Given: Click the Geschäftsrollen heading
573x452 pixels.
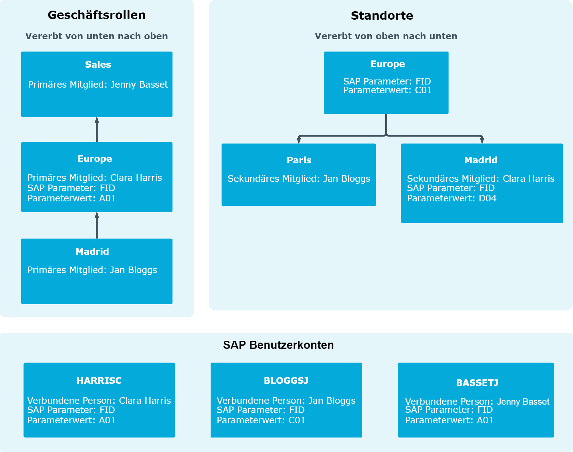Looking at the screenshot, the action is click(97, 15).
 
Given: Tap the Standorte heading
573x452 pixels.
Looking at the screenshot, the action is click(382, 16).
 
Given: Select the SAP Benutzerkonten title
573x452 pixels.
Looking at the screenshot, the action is click(278, 345).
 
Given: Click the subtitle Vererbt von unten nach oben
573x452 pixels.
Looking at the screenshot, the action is click(97, 36).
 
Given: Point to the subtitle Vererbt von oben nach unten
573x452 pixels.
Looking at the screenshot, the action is click(386, 36).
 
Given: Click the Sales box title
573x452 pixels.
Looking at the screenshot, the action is click(98, 65).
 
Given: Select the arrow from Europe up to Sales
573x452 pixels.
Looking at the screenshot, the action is click(97, 130).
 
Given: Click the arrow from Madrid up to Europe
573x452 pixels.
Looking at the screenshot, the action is click(97, 225).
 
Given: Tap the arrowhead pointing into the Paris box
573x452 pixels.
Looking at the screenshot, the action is click(299, 141).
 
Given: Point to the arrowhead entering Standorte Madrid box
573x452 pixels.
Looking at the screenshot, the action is click(482, 141).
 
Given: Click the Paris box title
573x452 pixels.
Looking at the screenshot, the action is click(299, 160).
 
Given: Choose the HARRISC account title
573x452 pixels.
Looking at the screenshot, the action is click(99, 381).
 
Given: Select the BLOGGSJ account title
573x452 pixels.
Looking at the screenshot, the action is click(286, 381).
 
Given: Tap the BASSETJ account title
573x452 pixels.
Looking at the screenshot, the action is click(477, 383).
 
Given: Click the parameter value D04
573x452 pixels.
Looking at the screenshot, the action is click(488, 198).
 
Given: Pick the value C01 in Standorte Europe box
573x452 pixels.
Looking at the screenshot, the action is click(423, 90).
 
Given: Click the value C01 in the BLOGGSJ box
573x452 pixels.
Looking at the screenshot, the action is click(297, 420).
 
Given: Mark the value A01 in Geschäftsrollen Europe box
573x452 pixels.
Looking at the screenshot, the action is click(107, 198).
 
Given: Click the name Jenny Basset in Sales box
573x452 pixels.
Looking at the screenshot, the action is click(139, 84).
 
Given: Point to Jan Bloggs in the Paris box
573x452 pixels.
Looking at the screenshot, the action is click(347, 179).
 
